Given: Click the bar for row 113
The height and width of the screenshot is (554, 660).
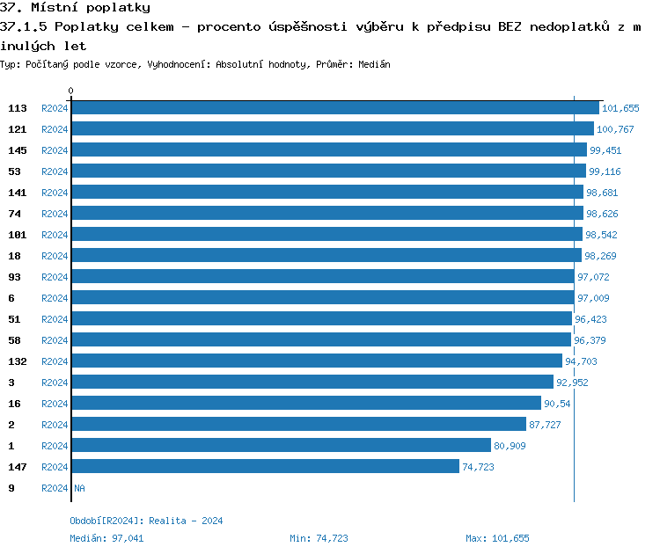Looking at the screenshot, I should (334, 108).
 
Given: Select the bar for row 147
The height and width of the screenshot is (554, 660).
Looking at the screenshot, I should (265, 467).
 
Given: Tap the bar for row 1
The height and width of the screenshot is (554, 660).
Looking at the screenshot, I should (281, 446).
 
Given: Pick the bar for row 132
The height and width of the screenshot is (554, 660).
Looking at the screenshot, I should (316, 361).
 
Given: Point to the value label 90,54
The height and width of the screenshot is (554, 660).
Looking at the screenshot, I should (557, 404).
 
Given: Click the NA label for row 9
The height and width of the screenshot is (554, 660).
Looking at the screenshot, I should (79, 488).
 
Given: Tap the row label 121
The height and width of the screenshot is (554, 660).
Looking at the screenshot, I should (18, 129).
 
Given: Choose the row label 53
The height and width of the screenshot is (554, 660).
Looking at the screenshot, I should (15, 171).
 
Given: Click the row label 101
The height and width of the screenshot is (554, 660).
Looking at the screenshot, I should (18, 235).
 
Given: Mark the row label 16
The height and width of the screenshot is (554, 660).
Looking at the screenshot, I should (15, 404).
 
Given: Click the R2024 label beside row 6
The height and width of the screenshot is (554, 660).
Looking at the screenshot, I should (55, 298).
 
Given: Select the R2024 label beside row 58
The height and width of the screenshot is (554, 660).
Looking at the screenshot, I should (55, 340).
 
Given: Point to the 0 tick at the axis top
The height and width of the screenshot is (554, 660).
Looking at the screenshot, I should (71, 91).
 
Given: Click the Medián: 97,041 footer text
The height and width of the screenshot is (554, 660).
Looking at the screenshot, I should (106, 538).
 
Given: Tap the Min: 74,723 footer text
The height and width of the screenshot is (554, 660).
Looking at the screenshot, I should (319, 538).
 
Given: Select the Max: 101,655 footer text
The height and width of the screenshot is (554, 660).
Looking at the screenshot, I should (497, 538).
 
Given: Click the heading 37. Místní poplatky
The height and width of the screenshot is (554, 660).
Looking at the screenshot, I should (75, 8).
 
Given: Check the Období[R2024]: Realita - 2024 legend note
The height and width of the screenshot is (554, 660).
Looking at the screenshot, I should (146, 521).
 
